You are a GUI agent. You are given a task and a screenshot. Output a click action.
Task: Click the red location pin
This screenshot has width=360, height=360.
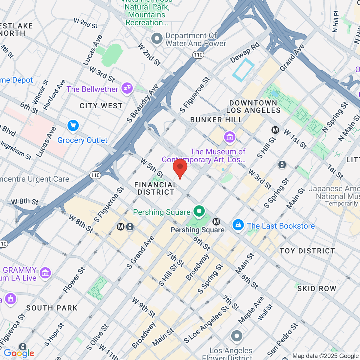[x=180, y=168]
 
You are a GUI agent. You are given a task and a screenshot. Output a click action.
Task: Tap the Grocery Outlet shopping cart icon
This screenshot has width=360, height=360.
[x=73, y=126]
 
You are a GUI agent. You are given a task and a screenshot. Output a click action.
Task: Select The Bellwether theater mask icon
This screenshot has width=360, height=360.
[x=127, y=88]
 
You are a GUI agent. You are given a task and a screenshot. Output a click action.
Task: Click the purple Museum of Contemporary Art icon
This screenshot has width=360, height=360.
[x=230, y=137]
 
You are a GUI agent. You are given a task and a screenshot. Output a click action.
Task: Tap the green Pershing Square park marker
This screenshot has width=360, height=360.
[x=199, y=211]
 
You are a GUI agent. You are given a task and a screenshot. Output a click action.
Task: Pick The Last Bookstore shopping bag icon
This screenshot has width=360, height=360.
[x=238, y=225]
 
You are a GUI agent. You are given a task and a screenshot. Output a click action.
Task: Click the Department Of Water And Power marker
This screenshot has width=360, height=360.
[x=157, y=39]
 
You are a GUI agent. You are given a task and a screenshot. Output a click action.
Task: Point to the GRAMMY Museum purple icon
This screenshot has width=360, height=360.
[x=45, y=273]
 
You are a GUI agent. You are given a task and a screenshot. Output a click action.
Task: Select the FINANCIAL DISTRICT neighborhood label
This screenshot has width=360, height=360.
[x=156, y=189]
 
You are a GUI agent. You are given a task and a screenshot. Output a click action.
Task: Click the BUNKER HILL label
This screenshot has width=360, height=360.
[x=216, y=120]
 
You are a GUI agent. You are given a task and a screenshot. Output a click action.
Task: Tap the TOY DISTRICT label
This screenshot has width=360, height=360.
[x=307, y=251]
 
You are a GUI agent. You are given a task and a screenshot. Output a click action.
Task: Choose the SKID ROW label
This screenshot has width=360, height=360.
[x=316, y=289]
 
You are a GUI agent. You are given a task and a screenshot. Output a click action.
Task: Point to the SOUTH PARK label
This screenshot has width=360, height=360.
[x=52, y=308]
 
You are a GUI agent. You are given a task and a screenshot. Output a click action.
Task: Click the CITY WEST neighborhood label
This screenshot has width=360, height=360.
[x=101, y=106]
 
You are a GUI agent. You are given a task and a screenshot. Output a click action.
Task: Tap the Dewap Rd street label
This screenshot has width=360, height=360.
[x=245, y=53]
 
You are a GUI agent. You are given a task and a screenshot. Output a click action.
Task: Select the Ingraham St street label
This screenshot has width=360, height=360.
[x=16, y=150]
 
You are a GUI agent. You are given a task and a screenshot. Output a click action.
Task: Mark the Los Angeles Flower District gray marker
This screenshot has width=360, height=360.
[x=237, y=336]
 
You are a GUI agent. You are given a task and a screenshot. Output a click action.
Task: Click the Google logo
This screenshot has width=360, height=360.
[x=19, y=353]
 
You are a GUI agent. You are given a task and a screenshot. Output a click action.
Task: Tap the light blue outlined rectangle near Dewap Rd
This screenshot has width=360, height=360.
[x=243, y=70]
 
